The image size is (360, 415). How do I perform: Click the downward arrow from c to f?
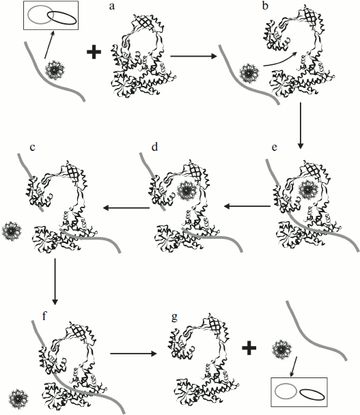point(55,287)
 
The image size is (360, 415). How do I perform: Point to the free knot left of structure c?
point(14,231)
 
